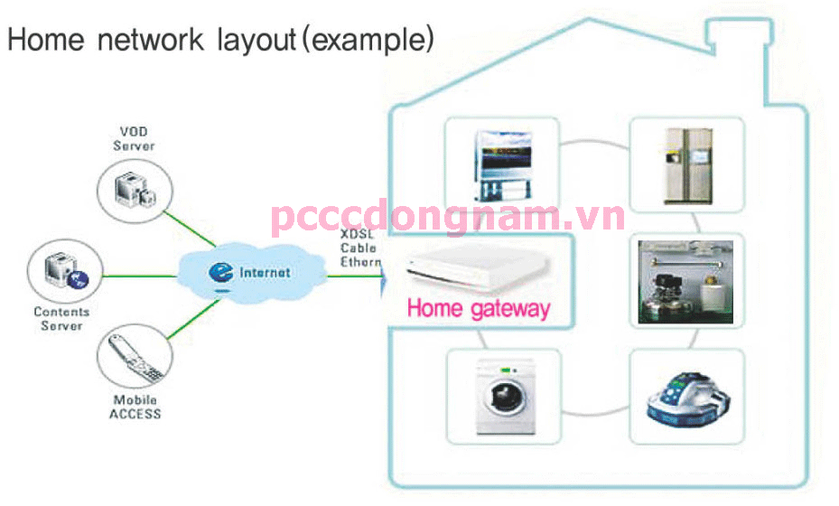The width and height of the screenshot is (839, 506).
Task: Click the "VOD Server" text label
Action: (134, 139)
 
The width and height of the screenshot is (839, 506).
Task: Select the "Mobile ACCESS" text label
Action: (135, 407)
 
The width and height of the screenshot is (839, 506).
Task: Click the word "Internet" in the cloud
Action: (265, 272)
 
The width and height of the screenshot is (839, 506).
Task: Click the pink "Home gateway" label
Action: (478, 308)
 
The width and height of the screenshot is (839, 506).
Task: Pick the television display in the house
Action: (502, 163)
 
